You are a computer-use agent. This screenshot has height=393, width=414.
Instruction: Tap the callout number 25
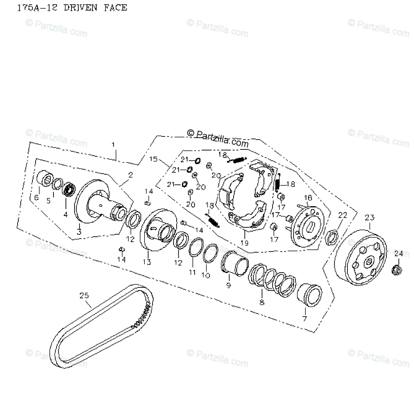(x=84, y=296)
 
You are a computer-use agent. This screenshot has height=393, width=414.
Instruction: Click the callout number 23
(x=369, y=218)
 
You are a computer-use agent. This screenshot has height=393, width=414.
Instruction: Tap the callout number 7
(x=304, y=318)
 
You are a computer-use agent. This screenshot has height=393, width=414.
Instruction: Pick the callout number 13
(x=147, y=263)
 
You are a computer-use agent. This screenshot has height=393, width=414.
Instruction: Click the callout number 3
(x=79, y=232)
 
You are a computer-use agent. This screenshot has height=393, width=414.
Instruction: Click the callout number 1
(x=113, y=144)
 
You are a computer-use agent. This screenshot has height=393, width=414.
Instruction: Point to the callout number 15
(x=154, y=159)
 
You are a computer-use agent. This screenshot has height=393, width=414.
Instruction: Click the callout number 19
(x=244, y=243)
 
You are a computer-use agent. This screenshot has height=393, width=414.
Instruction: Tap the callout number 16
(x=307, y=198)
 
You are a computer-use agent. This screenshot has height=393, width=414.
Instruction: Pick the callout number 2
(x=130, y=175)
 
